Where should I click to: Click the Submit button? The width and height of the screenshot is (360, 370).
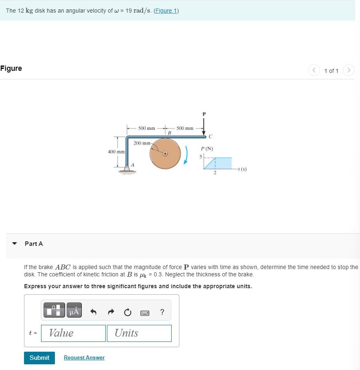coord(39,357)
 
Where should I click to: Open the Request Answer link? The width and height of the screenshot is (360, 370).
coord(84,357)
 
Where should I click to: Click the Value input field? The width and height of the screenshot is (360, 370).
coord(73,333)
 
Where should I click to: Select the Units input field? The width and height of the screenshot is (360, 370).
coord(139,333)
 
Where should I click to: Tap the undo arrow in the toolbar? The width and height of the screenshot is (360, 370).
coord(93,312)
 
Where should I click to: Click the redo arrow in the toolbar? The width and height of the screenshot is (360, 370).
coord(110,312)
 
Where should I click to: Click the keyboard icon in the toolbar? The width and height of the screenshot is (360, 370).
coord(145,313)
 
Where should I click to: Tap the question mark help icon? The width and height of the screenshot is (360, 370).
coord(162,312)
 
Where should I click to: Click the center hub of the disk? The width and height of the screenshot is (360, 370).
coord(166,154)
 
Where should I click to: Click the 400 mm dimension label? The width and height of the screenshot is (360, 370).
coord(116,152)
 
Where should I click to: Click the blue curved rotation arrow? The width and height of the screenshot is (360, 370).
coord(187,155)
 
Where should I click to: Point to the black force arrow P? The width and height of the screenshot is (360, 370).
coord(204,125)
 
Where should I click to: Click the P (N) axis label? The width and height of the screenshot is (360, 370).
coord(207,149)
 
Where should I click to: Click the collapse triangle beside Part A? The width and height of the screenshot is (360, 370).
coord(15,244)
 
